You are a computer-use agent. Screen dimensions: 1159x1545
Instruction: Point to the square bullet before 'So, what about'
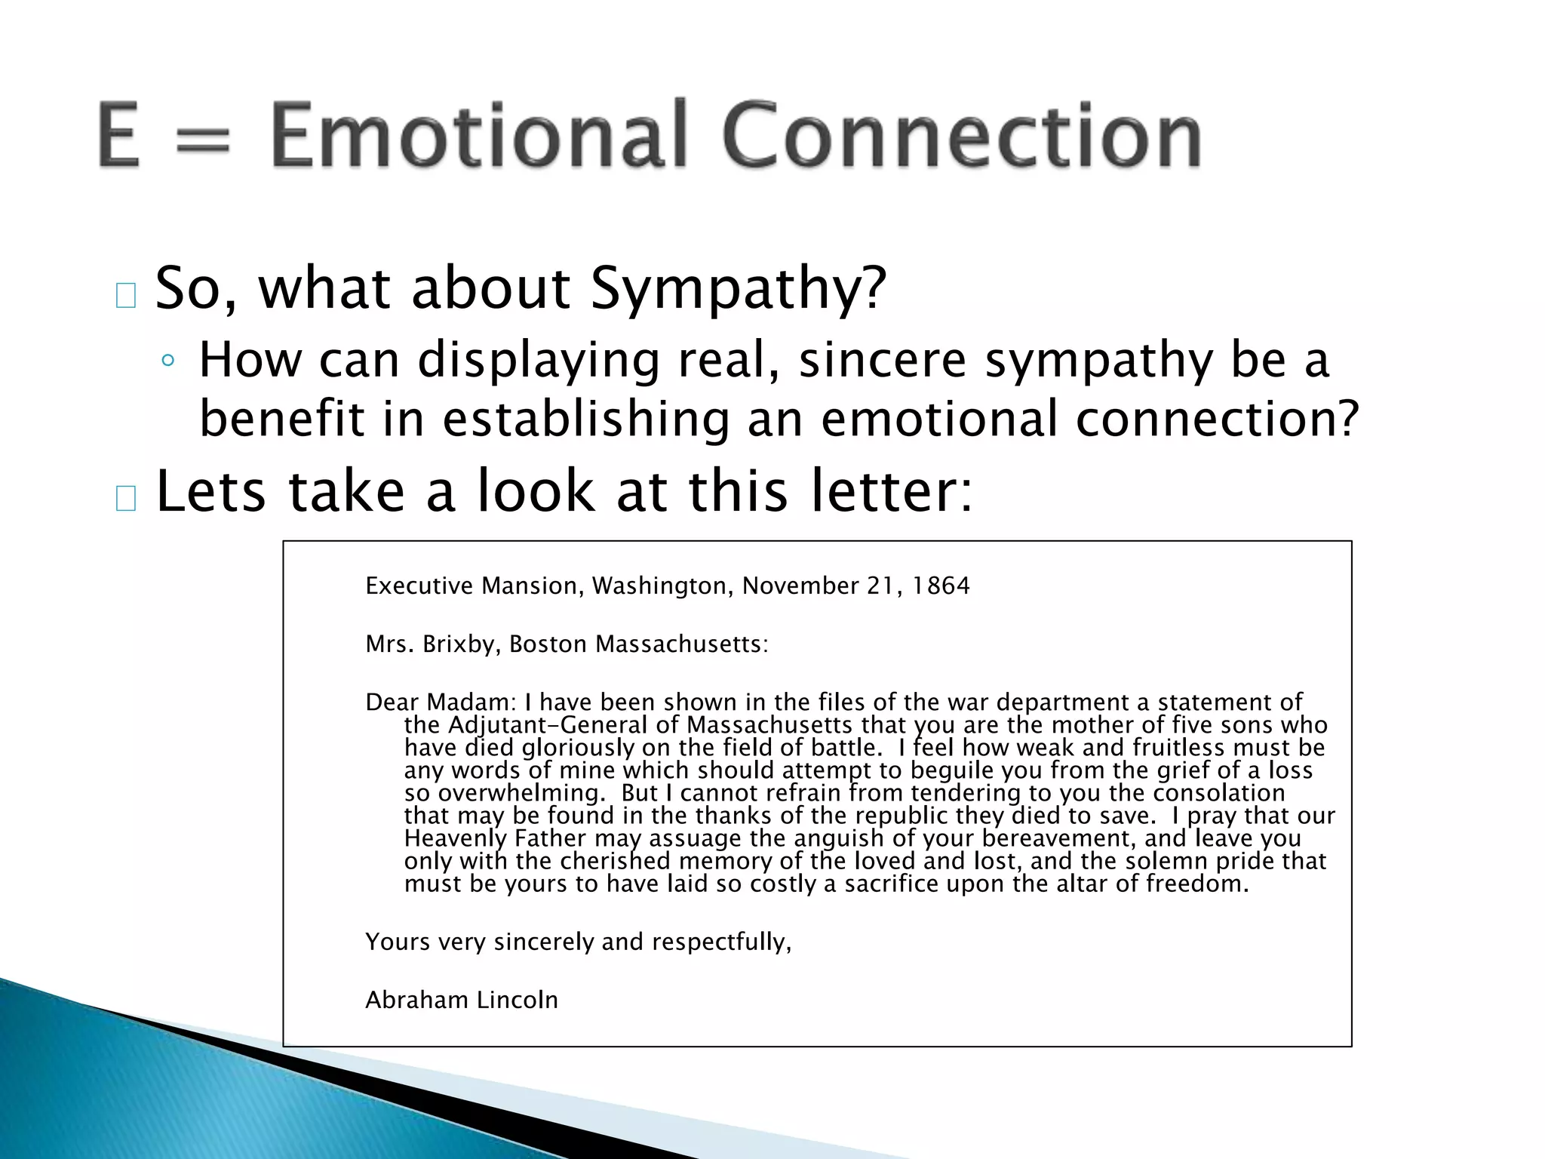tap(126, 296)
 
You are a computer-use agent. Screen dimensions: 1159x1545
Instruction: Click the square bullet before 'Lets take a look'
tap(126, 499)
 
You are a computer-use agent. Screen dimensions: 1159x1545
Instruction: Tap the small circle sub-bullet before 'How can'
tap(167, 361)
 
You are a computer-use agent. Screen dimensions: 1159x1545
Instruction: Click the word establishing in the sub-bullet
tap(585, 419)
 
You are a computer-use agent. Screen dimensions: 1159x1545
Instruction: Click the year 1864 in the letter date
tap(940, 586)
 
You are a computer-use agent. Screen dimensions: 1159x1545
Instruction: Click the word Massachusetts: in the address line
tap(681, 644)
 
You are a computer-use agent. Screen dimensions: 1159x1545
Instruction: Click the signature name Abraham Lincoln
tap(462, 1001)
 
